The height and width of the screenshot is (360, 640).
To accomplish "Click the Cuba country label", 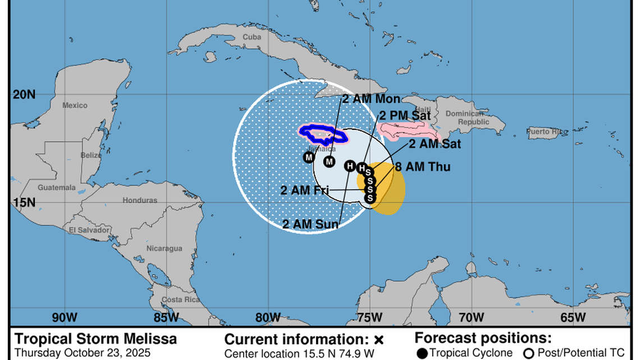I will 252,37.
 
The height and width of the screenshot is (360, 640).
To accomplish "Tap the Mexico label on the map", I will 75,106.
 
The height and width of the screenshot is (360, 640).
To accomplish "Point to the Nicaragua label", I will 164,248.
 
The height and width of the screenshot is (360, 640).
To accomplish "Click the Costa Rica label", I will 181,300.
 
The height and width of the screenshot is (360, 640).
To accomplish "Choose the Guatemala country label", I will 57,188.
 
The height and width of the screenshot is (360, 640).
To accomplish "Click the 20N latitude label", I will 24,95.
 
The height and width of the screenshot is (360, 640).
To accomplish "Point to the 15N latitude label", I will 24,202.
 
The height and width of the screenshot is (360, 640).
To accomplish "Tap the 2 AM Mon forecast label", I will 371,99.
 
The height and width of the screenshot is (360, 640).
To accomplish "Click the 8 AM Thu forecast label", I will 422,167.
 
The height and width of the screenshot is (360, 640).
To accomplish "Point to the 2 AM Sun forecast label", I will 310,225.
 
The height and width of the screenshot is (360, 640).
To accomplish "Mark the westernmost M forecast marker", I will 309,157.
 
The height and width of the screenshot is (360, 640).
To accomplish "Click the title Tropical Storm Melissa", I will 95,339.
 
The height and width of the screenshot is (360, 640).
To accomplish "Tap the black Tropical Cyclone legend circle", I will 422,353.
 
